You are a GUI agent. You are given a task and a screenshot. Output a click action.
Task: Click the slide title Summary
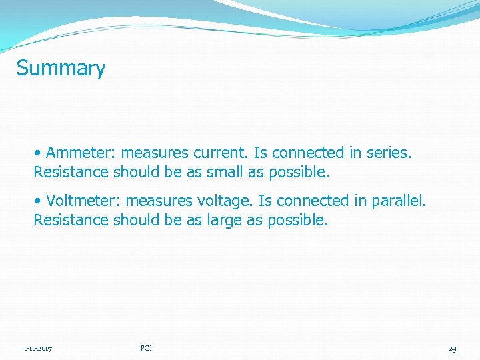tap(61, 69)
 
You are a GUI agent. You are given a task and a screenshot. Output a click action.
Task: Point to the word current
tap(223, 153)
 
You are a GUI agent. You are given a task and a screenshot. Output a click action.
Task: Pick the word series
tap(389, 153)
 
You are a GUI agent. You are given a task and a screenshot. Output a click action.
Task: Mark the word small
tap(225, 173)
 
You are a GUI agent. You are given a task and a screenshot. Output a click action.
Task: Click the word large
tap(224, 220)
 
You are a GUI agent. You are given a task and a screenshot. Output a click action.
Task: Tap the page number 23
tap(452, 349)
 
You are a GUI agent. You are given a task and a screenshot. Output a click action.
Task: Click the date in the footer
tap(39, 349)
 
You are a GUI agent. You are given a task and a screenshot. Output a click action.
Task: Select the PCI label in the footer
tap(147, 348)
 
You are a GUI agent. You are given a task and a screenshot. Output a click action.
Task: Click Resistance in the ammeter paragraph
tap(71, 173)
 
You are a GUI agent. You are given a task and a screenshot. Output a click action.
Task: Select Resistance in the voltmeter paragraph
tap(71, 220)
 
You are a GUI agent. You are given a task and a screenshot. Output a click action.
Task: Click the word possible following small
tap(299, 173)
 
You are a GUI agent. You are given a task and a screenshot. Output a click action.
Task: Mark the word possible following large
tap(297, 220)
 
